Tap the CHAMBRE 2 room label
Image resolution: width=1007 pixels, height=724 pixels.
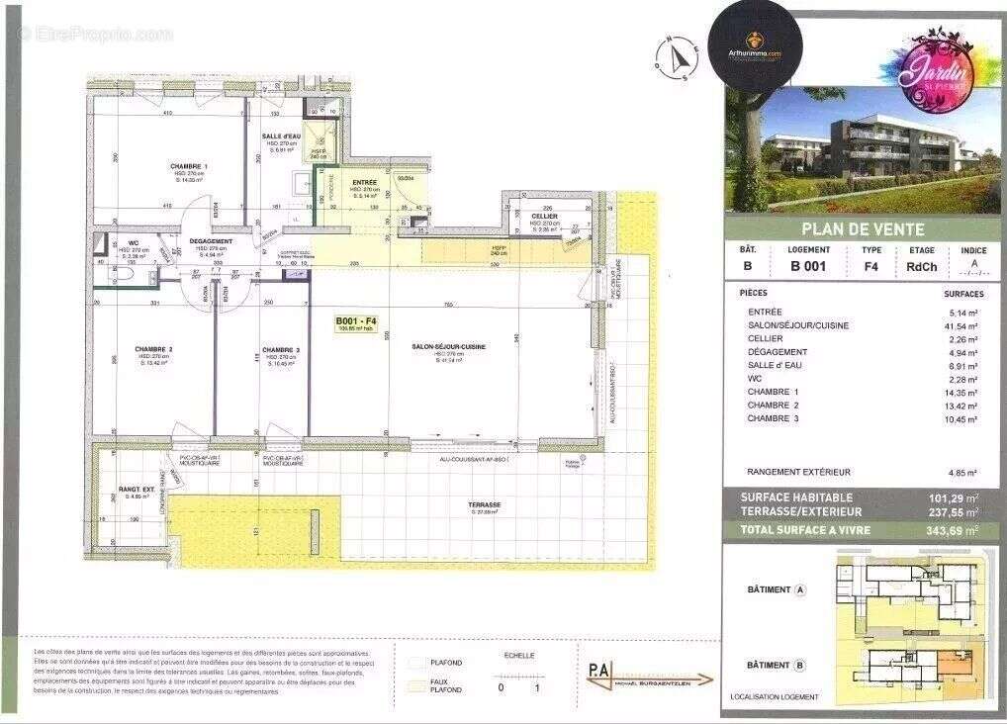154,349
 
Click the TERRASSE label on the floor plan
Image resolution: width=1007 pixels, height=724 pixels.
485,504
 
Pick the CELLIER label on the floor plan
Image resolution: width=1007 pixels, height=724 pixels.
544,216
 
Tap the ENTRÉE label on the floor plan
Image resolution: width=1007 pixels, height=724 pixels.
366,182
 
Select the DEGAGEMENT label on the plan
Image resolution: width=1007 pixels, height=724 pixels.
211,241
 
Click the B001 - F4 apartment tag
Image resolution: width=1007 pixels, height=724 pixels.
357,320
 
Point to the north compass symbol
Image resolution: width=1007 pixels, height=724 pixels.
677,56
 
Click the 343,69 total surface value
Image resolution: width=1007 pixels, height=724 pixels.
953,530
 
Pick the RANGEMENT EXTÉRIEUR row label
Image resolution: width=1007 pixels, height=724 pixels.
798,472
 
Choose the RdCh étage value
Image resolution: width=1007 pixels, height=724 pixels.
919,266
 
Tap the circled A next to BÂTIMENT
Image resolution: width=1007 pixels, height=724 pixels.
800,589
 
